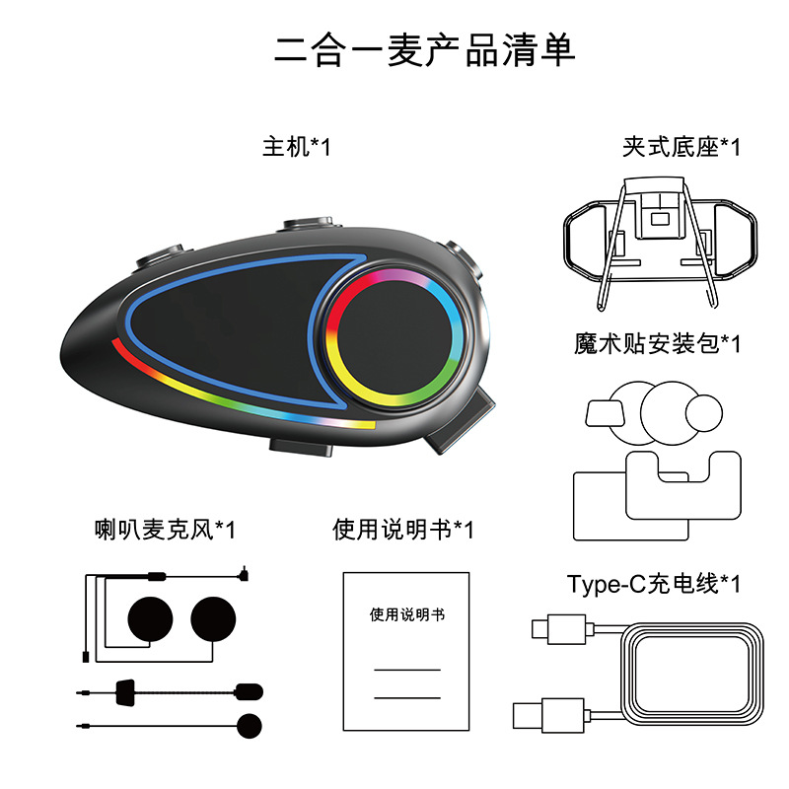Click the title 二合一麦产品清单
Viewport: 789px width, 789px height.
point(424,49)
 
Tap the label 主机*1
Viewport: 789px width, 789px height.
point(296,148)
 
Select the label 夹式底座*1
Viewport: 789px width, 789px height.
point(681,148)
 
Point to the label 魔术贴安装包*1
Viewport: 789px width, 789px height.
point(657,343)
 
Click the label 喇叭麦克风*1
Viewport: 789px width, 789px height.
point(159,530)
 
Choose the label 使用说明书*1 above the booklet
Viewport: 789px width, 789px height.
point(402,530)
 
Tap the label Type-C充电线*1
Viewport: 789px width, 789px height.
point(653,583)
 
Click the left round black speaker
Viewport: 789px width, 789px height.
point(150,619)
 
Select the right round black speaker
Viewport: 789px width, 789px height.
point(215,619)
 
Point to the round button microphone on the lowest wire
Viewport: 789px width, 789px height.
point(250,724)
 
